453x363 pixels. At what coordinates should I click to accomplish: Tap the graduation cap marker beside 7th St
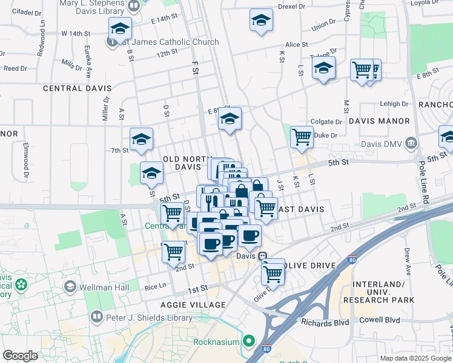click(141, 139)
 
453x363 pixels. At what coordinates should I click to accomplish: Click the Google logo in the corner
click(21, 356)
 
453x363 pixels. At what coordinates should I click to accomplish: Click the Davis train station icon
click(263, 256)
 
